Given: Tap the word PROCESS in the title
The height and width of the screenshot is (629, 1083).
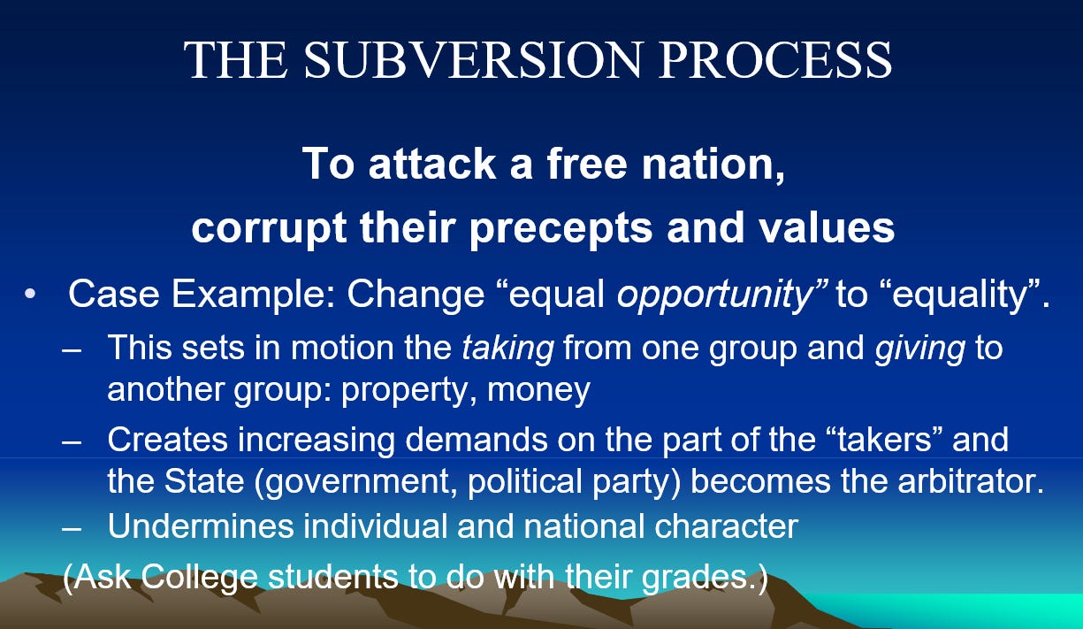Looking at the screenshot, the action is [775, 59].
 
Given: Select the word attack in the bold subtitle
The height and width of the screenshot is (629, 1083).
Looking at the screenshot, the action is [431, 164].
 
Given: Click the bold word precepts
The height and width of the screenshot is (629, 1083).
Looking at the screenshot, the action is [561, 228].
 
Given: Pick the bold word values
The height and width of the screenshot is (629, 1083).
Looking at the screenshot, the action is [827, 227].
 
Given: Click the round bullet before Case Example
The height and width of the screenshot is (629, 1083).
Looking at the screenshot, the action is [30, 294].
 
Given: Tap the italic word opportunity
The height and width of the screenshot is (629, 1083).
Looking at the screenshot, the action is [714, 295].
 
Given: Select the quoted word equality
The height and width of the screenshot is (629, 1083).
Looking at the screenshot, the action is [959, 295].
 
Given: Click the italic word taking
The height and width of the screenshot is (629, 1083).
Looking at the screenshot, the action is [507, 349].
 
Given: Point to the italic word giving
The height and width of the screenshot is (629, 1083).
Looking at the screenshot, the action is [920, 349].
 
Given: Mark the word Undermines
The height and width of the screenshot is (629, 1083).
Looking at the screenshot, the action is [201, 526].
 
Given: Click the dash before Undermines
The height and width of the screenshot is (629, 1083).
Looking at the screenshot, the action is [71, 529].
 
